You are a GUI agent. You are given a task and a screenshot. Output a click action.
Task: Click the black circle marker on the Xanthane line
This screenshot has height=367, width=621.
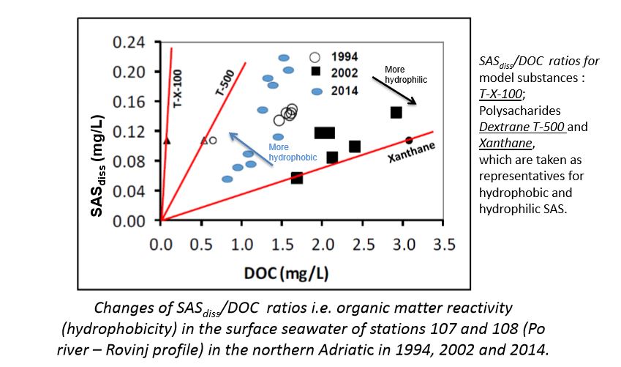click(x=409, y=140)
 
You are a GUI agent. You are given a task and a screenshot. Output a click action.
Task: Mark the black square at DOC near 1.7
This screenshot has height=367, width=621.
click(x=297, y=178)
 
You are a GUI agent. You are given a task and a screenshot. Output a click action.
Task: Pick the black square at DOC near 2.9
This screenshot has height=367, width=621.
click(x=396, y=112)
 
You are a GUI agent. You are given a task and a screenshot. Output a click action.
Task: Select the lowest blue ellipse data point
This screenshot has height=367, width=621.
click(x=227, y=179)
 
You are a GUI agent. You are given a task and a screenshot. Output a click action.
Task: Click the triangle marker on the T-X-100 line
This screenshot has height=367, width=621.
click(x=167, y=140)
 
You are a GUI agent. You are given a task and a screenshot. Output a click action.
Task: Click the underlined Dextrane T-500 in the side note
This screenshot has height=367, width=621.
click(x=516, y=126)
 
